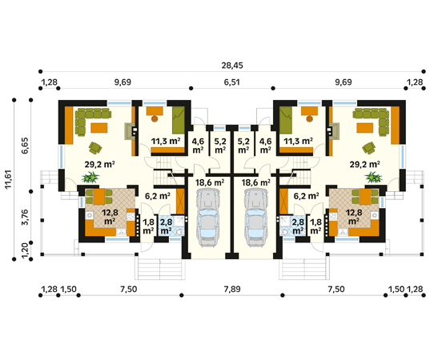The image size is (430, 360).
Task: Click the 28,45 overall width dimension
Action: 232,66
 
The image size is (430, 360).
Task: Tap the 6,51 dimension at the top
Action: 232,82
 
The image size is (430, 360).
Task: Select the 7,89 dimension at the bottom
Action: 232,289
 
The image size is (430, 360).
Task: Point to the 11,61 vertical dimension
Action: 9,179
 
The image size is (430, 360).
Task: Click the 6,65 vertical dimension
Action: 26,146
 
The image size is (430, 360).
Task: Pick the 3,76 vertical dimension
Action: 26,217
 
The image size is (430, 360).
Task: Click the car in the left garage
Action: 208,218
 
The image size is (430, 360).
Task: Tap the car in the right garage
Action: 256,218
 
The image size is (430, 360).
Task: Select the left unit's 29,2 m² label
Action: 99,164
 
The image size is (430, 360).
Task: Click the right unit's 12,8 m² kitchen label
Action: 354,217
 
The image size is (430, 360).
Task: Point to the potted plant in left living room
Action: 90,178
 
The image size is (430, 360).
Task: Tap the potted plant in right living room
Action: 373,178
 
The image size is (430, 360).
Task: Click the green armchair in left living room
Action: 95,148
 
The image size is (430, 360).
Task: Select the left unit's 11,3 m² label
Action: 166,142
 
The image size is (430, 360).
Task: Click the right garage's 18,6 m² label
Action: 255,182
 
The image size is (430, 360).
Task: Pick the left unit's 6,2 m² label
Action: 158,196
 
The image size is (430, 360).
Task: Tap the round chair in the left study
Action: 155,118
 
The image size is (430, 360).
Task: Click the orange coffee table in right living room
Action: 364,128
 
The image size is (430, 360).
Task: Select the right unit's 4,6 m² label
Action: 266,146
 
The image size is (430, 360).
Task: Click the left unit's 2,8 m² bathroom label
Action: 167,226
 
